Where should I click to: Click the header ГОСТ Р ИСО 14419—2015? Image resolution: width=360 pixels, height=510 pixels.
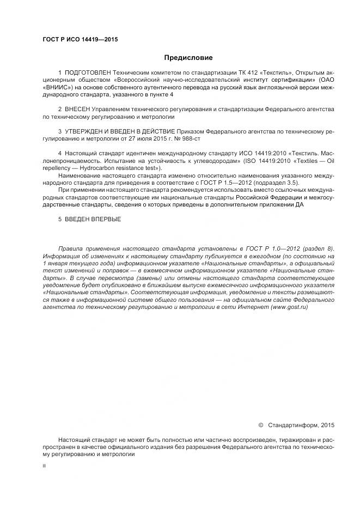tap(80, 40)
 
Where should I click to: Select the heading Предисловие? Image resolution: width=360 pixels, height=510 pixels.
tap(188, 57)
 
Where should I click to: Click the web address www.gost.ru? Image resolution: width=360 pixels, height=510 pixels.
tap(292, 307)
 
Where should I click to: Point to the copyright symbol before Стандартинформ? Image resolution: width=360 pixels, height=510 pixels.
tap(260, 425)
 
